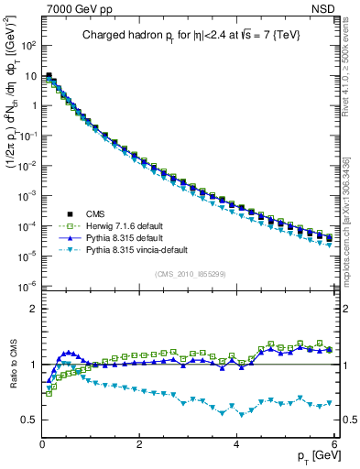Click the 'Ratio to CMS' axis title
tap(13, 367)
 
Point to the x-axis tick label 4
tap(236, 442)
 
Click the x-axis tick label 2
tap(139, 442)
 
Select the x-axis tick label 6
tap(333, 442)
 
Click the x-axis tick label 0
tap(42, 442)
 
